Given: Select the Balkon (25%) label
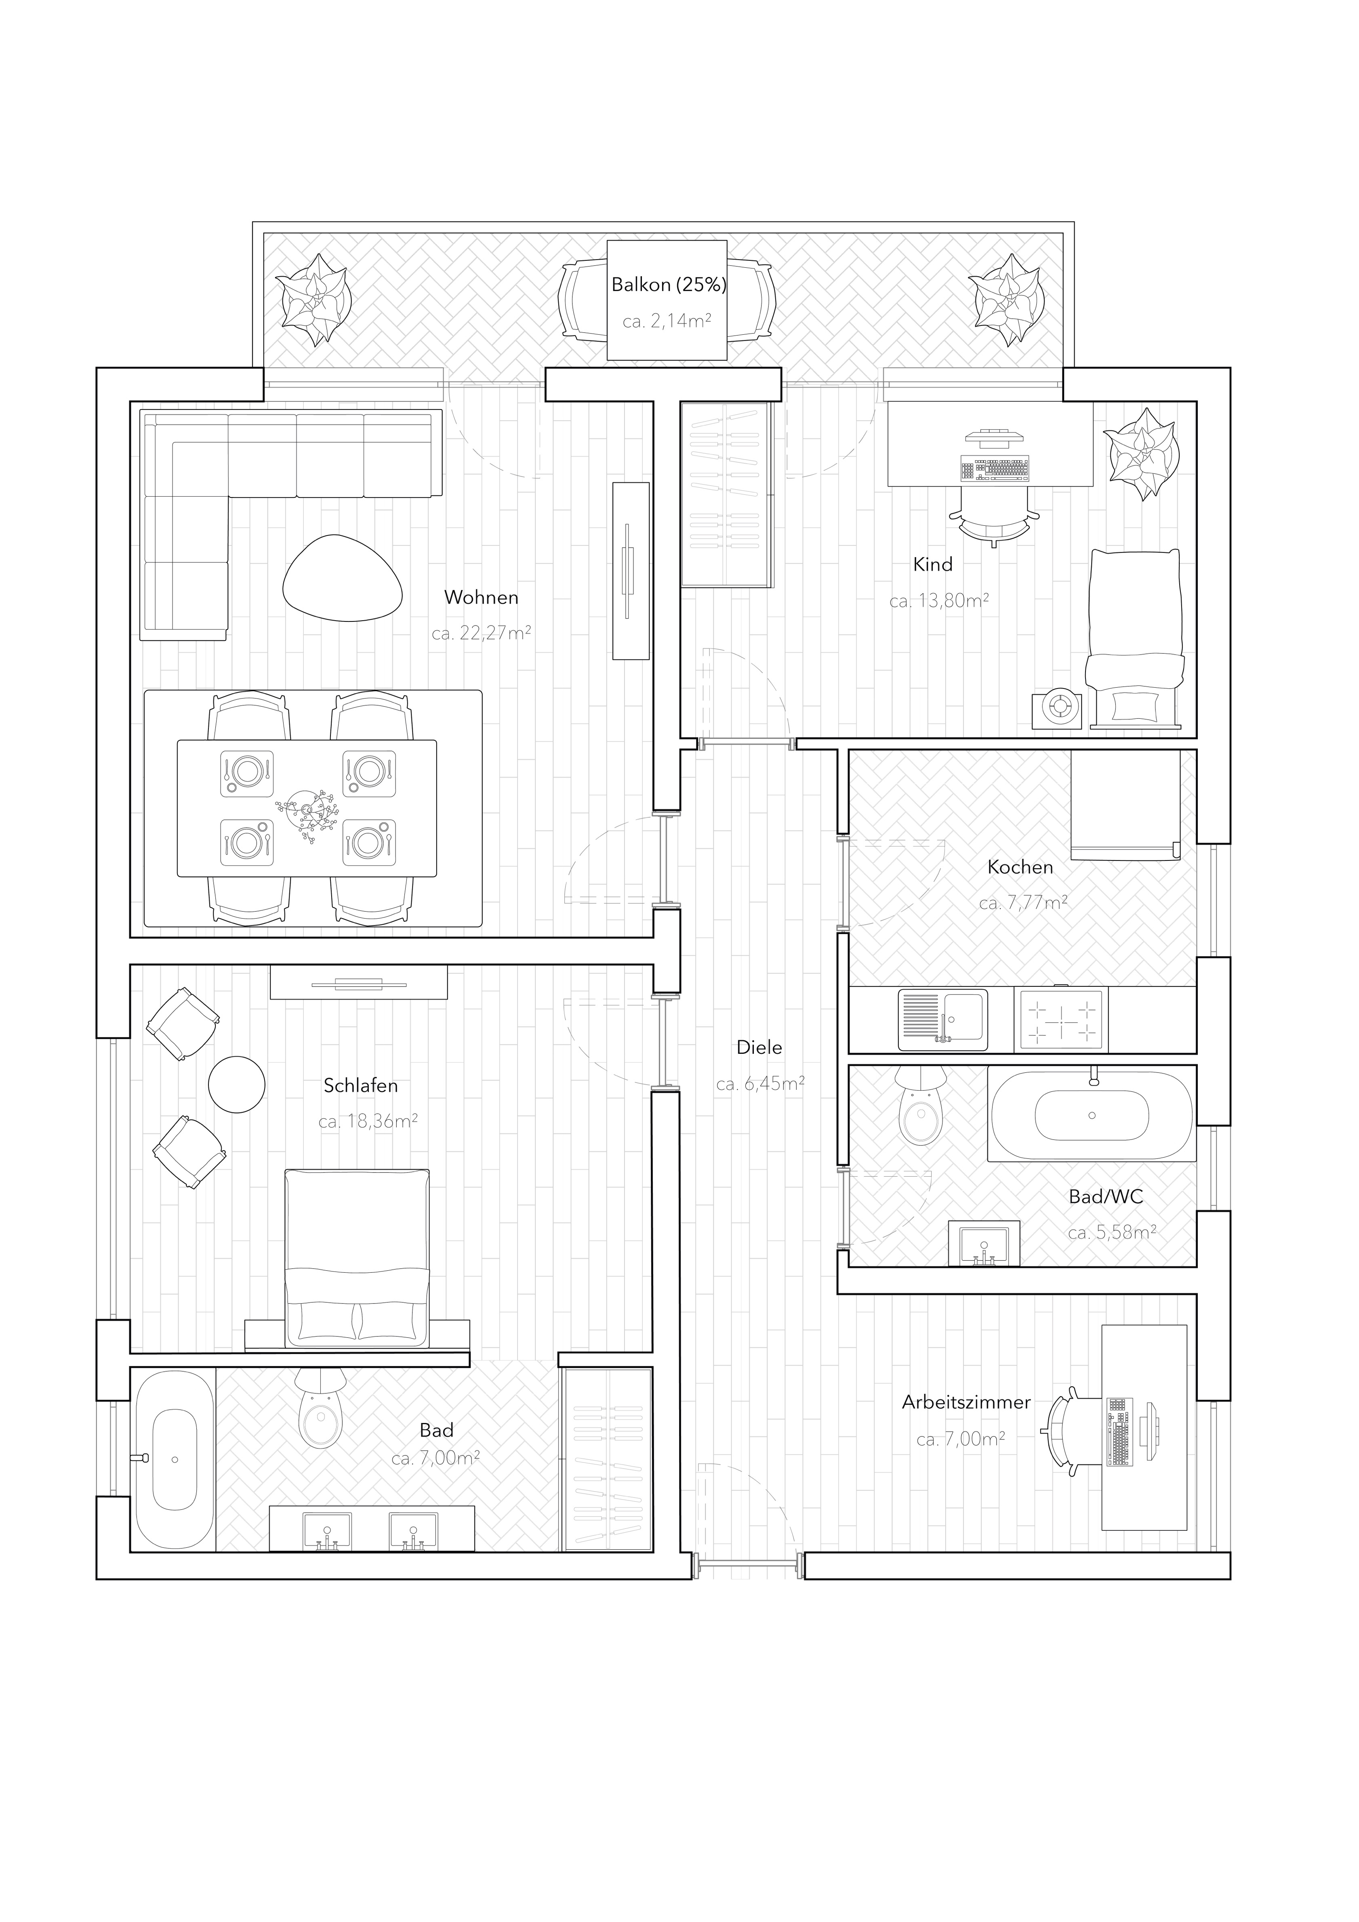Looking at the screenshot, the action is click(668, 285).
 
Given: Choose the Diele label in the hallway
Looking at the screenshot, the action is click(759, 1047).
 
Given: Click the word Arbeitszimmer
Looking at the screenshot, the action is click(966, 1402).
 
